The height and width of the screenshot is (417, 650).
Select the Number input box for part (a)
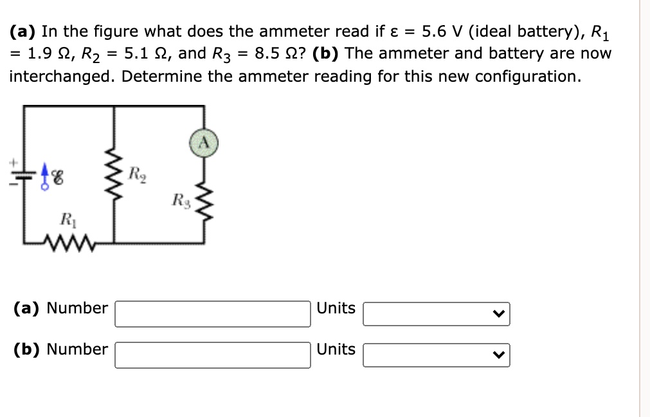click(212, 314)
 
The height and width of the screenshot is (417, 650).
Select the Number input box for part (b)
click(212, 355)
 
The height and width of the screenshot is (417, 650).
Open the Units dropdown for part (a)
click(436, 314)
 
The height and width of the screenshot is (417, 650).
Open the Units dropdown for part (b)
click(436, 355)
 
